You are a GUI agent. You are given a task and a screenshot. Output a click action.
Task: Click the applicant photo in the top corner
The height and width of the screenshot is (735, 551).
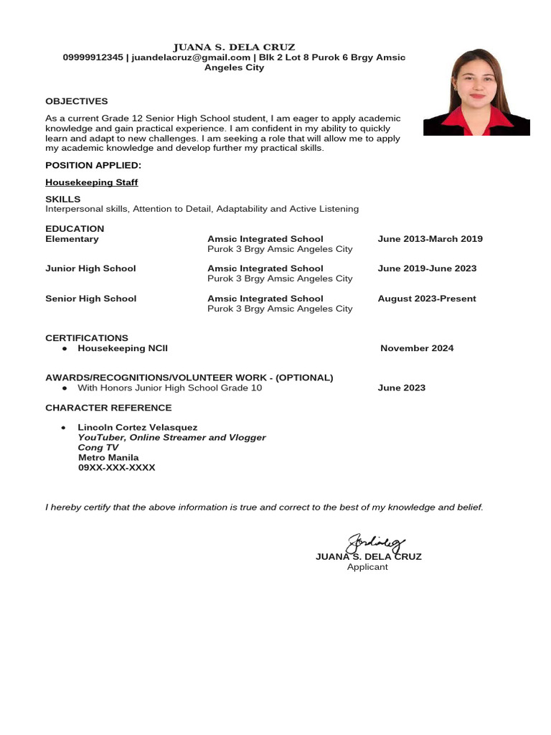pyautogui.click(x=476, y=92)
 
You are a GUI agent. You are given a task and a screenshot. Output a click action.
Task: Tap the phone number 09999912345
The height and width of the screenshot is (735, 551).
pyautogui.click(x=93, y=57)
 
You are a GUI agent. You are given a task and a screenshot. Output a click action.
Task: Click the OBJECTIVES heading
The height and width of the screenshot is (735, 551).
pyautogui.click(x=77, y=101)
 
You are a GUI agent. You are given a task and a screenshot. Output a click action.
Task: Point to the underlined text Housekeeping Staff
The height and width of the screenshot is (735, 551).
pyautogui.click(x=92, y=182)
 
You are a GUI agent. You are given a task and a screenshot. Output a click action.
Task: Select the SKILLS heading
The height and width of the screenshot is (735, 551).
pyautogui.click(x=63, y=199)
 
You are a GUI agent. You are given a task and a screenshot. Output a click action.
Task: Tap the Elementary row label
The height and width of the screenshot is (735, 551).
pyautogui.click(x=72, y=239)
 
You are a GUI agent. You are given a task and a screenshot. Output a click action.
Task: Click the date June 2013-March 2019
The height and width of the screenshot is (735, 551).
pyautogui.click(x=430, y=239)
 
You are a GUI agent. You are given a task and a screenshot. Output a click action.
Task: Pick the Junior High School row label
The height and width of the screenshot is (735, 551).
pyautogui.click(x=90, y=268)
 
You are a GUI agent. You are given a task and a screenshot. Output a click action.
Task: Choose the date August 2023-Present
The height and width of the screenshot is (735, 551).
pyautogui.click(x=427, y=299)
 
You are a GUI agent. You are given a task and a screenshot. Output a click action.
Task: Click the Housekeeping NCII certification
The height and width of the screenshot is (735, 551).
pyautogui.click(x=123, y=348)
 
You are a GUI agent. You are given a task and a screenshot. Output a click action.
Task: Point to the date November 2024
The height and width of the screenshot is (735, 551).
pyautogui.click(x=417, y=348)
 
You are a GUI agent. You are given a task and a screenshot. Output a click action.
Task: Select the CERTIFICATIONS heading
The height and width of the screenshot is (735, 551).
pyautogui.click(x=87, y=337)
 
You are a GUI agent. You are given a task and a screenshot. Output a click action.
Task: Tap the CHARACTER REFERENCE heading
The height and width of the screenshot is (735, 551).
pyautogui.click(x=108, y=408)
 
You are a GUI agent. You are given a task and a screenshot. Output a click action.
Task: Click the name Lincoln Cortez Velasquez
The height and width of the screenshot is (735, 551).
pyautogui.click(x=137, y=427)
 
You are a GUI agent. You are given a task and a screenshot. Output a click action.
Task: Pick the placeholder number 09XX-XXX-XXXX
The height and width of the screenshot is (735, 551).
pyautogui.click(x=116, y=467)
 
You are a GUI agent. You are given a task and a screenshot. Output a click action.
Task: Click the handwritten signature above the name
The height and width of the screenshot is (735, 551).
pyautogui.click(x=375, y=543)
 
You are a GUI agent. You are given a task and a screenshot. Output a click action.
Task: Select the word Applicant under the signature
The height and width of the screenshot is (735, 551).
pyautogui.click(x=367, y=567)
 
